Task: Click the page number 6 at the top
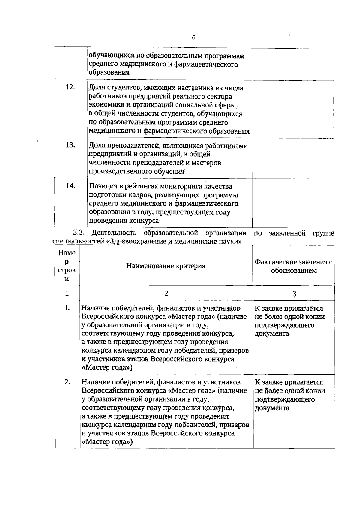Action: point(193,38)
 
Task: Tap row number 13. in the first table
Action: point(70,145)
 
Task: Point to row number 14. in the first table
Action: point(70,186)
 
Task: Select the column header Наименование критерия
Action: point(166,266)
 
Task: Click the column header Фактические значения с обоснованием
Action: point(293,266)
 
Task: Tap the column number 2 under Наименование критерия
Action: point(166,293)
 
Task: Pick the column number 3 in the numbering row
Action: point(294,294)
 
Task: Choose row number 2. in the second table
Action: point(67,382)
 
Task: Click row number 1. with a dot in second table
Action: point(67,308)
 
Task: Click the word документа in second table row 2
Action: point(272,408)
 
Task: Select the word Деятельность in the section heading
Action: point(115,233)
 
